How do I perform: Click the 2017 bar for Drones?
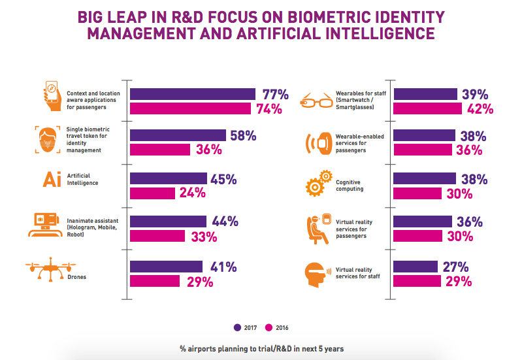click(x=166, y=267)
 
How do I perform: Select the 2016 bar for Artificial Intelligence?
click(x=152, y=193)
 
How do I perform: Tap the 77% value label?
click(x=275, y=94)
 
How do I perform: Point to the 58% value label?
click(x=243, y=135)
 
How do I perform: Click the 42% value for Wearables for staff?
click(x=480, y=109)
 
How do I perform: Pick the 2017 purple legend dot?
click(x=237, y=327)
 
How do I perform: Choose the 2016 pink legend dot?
click(x=269, y=327)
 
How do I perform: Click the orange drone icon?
click(x=50, y=269)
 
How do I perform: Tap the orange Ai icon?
click(x=52, y=179)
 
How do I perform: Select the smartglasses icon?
click(x=316, y=100)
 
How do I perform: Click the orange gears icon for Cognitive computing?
click(x=319, y=183)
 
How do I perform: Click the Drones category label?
click(x=76, y=277)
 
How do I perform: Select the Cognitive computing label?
click(x=350, y=186)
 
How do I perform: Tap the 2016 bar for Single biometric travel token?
click(x=160, y=150)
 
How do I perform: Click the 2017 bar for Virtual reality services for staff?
click(x=416, y=267)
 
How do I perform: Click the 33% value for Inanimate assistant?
click(x=204, y=237)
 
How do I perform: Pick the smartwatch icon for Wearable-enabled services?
click(x=319, y=143)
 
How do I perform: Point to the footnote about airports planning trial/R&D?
click(x=262, y=349)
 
